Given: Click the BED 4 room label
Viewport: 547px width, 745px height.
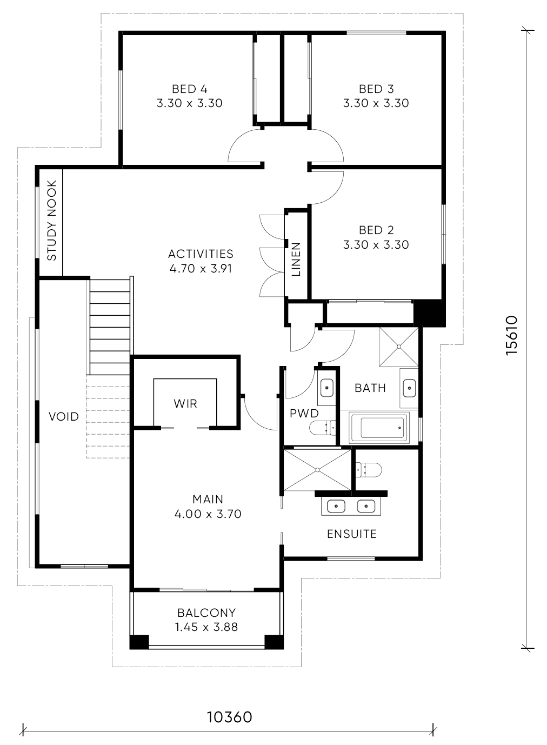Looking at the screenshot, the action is click(190, 89).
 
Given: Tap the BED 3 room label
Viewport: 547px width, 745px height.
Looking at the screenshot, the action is click(376, 89).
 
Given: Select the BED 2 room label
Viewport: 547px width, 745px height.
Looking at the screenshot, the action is click(376, 230).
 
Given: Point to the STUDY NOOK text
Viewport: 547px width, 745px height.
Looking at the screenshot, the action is click(51, 220).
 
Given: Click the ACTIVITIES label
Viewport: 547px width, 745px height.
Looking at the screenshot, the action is click(201, 254).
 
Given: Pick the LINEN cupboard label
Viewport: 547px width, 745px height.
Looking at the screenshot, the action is click(296, 260).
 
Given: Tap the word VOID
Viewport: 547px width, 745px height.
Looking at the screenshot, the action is click(64, 416).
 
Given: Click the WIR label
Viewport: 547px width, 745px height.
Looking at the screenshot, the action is click(185, 404).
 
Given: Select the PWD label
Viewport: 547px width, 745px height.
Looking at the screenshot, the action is click(304, 414).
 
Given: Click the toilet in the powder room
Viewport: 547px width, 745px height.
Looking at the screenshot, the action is click(323, 428).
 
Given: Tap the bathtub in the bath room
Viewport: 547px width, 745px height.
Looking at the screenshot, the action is click(379, 428).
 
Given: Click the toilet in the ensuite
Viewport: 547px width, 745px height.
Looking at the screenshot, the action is click(369, 470).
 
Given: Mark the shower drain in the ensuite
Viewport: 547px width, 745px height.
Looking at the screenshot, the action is click(318, 470).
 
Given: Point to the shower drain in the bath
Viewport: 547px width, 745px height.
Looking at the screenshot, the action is click(399, 347).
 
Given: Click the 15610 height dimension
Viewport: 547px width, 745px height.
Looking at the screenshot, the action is click(511, 336).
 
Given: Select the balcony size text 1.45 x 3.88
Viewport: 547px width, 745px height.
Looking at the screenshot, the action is click(206, 627).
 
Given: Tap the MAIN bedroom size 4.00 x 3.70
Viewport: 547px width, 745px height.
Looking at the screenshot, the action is click(208, 514).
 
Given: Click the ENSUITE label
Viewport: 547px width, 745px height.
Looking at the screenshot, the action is click(352, 534).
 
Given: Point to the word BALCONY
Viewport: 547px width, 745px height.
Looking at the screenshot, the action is click(206, 613).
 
